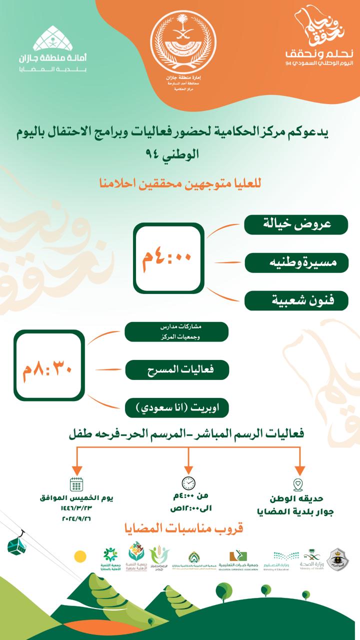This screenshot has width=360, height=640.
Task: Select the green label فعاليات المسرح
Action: pos(176,370)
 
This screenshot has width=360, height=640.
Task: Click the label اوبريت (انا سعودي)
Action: pos(176,408)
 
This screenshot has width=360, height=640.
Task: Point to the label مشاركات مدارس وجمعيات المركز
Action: pos(176,331)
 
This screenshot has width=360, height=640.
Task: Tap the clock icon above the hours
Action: pos(188,483)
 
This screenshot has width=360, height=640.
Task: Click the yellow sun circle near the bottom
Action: pos(80,556)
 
